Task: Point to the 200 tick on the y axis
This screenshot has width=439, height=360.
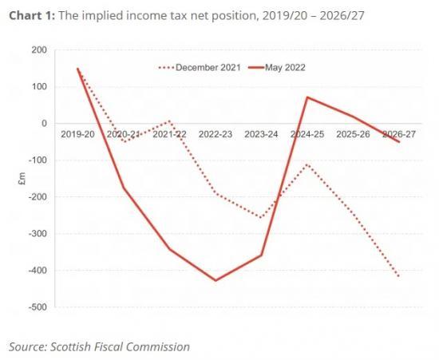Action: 38,49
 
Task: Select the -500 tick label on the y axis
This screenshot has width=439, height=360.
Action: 37,307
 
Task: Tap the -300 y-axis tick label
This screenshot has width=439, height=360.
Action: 37,234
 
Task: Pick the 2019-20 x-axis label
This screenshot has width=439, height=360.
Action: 77,135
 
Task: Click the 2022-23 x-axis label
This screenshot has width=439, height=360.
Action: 216,135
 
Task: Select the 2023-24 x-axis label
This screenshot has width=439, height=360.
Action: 261,135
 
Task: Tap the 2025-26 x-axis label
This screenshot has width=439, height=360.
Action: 353,135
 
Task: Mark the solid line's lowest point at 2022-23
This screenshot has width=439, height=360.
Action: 216,280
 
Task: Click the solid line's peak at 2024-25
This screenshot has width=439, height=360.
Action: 307,97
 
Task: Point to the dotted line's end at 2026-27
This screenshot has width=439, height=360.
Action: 398,277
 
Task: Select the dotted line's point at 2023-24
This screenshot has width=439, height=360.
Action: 261,217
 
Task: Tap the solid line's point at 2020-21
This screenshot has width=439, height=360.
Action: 124,188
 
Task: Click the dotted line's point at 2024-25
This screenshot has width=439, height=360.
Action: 307,164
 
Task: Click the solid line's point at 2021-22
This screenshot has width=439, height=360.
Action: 169,249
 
